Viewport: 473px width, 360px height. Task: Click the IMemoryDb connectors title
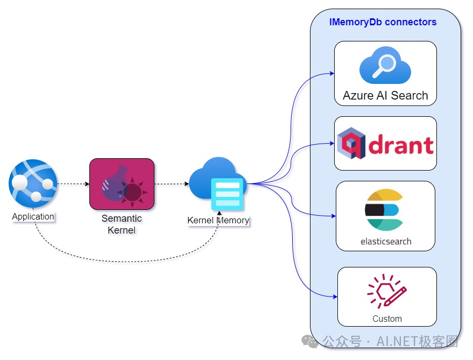[383, 22]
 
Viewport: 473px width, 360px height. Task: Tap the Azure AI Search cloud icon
[385, 65]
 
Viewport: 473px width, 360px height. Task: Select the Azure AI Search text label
[385, 96]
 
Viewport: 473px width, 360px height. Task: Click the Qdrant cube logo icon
[351, 143]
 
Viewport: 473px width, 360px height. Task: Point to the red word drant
[401, 145]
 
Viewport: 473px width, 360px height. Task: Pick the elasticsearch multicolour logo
[384, 210]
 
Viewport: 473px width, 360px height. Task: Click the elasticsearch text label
[386, 242]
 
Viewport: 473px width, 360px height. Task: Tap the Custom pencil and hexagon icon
[387, 291]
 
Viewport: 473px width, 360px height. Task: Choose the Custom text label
[387, 319]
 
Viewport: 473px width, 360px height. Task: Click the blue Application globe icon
[33, 183]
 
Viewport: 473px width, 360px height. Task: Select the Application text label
[33, 216]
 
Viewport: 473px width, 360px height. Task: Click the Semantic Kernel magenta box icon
[122, 184]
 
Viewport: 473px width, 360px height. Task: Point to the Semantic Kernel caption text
[122, 224]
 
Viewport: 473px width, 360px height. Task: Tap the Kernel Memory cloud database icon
[218, 183]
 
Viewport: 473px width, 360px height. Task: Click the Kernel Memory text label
[218, 220]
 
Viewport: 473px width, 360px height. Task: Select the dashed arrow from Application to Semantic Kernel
[73, 184]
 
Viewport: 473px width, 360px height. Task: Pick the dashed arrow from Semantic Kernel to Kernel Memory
[172, 184]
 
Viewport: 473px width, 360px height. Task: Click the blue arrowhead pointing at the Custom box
[335, 297]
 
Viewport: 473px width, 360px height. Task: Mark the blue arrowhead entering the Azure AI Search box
[332, 73]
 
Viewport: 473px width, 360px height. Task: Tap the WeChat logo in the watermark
[310, 342]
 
